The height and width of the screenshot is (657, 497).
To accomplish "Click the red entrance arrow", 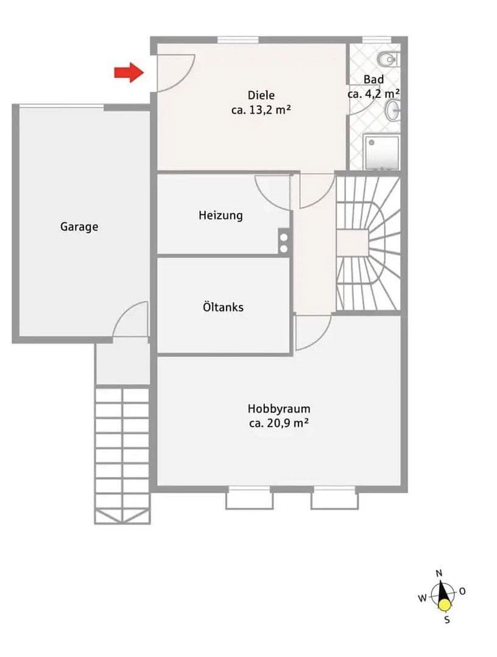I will (129, 73).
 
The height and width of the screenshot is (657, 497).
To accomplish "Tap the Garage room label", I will (79, 227).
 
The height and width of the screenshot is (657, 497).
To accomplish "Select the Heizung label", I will (220, 215).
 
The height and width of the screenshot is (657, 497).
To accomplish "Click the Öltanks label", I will (223, 307).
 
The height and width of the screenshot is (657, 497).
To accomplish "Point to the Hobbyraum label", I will (278, 409).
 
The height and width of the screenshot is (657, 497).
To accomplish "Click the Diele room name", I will (261, 95).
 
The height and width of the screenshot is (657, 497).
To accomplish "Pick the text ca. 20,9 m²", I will (278, 424).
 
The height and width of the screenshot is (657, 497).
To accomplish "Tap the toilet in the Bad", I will (387, 59).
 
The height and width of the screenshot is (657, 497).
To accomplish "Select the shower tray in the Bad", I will (382, 151).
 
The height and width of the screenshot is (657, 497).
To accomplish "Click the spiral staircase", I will (368, 243).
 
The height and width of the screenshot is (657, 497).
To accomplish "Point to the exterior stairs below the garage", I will (122, 453).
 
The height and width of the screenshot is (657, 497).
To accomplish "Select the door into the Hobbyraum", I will (312, 332).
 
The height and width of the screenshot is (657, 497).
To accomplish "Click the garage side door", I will (131, 319).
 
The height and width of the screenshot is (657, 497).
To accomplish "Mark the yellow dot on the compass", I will (445, 605).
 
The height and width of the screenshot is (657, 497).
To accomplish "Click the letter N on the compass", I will (439, 573).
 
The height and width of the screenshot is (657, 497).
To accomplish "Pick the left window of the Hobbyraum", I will (249, 497).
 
